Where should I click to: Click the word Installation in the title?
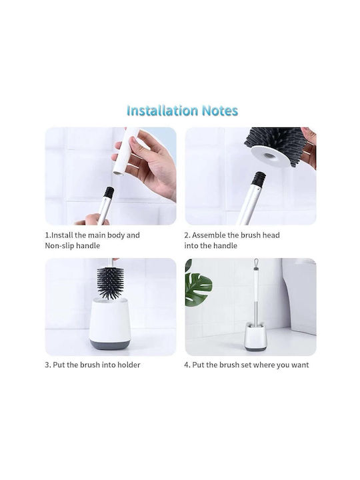tap(162, 111)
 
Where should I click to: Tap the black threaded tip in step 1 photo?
tap(109, 192)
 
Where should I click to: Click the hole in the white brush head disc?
tap(270, 155)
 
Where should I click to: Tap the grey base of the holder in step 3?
tap(109, 344)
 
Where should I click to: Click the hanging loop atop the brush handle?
tap(256, 263)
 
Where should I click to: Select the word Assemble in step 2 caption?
tap(209, 235)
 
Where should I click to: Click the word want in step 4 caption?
tap(300, 365)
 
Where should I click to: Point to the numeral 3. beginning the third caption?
tap(48, 365)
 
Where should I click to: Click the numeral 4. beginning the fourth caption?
tap(187, 365)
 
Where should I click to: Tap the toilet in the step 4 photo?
tap(300, 295)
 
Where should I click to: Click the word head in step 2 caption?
tap(271, 235)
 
